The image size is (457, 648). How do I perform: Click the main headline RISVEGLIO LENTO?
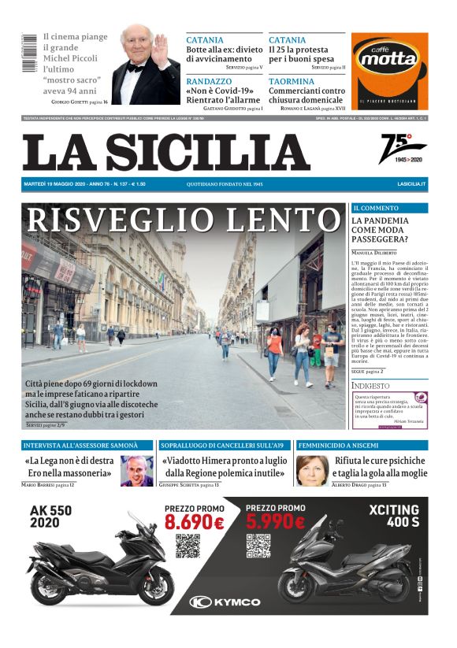(182, 221)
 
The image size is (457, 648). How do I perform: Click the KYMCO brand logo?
(225, 602)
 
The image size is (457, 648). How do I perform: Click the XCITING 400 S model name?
(399, 515)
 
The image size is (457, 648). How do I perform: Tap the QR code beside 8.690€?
(188, 546)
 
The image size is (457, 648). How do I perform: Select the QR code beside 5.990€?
(258, 546)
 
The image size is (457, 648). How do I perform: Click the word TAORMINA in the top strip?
(291, 80)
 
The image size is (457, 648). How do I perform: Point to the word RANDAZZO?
(210, 80)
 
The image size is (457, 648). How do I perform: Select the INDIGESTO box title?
(370, 386)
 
